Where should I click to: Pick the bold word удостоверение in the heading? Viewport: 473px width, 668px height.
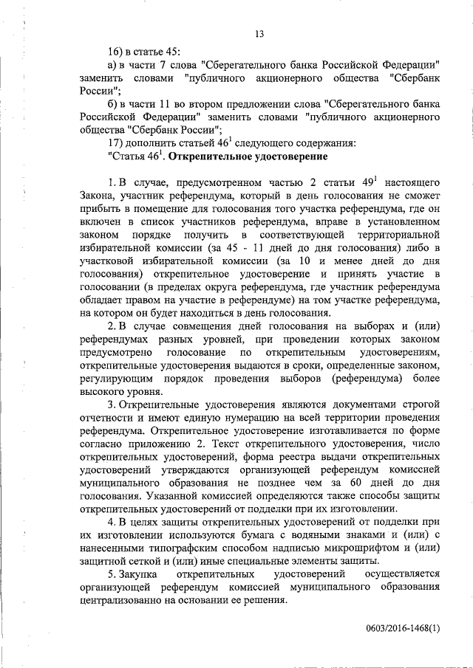[x=284, y=157]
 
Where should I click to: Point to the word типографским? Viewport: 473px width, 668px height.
[x=181, y=546]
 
